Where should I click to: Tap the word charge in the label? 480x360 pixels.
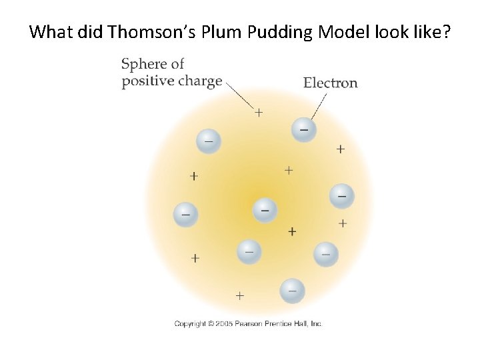pyautogui.click(x=197, y=81)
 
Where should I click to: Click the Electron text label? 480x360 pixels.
pyautogui.click(x=330, y=83)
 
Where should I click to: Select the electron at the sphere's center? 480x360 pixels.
pyautogui.click(x=265, y=211)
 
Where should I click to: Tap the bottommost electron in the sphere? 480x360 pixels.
pyautogui.click(x=292, y=290)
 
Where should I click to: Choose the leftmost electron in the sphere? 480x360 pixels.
pyautogui.click(x=185, y=215)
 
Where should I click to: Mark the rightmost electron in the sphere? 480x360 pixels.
pyautogui.click(x=342, y=196)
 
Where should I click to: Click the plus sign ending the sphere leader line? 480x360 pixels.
pyautogui.click(x=259, y=113)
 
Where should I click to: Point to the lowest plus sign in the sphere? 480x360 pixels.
pyautogui.click(x=239, y=295)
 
